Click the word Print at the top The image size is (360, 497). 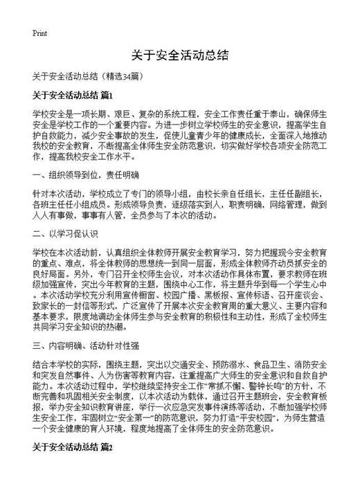(39, 33)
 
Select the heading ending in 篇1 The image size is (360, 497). (71, 94)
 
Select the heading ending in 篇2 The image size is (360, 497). (71, 447)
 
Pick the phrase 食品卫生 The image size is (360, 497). (254, 362)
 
